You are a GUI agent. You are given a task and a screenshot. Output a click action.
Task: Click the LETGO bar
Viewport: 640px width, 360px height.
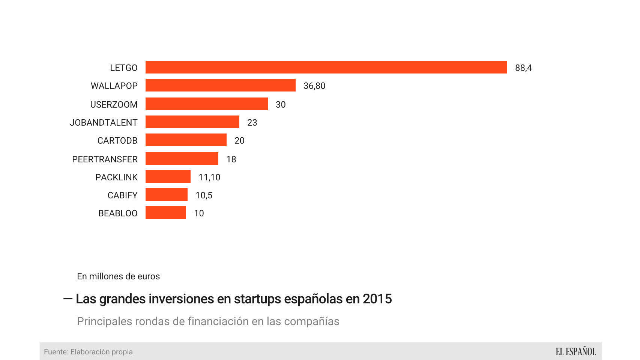[326, 67]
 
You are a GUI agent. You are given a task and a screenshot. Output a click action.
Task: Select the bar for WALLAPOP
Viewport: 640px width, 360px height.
[220, 85]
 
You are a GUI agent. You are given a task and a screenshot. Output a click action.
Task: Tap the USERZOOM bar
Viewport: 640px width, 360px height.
[206, 104]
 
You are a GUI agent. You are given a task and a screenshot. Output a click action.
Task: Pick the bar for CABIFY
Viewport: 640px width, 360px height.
[166, 195]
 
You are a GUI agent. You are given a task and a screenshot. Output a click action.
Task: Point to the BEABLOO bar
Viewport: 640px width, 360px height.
[165, 213]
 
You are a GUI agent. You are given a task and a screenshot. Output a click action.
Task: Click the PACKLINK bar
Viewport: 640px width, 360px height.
[168, 177]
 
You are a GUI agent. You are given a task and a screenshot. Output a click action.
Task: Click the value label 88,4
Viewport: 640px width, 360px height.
[523, 68]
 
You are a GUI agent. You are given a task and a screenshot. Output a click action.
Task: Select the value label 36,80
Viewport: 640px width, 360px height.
[314, 86]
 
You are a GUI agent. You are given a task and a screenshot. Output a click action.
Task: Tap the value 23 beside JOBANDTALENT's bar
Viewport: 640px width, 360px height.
[252, 123]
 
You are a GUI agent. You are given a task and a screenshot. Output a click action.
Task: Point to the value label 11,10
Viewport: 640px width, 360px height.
[209, 177]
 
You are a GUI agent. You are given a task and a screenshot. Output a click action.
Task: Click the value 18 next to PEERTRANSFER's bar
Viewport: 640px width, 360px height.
[231, 159]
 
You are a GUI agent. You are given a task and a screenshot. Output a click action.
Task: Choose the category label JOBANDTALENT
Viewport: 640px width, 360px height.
[104, 123]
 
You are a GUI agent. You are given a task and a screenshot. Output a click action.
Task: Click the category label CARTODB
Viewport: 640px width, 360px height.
[117, 141]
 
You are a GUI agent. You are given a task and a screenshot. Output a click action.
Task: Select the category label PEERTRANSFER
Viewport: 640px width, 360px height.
[105, 159]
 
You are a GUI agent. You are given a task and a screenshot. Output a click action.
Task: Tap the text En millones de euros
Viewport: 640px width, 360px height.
[118, 276]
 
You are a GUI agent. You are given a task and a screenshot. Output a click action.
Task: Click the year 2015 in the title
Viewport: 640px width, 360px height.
[377, 299]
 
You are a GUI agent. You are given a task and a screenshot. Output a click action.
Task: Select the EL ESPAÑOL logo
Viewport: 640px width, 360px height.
[575, 352]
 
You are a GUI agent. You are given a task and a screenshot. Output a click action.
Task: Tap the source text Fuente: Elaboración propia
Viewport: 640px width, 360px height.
[88, 352]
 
